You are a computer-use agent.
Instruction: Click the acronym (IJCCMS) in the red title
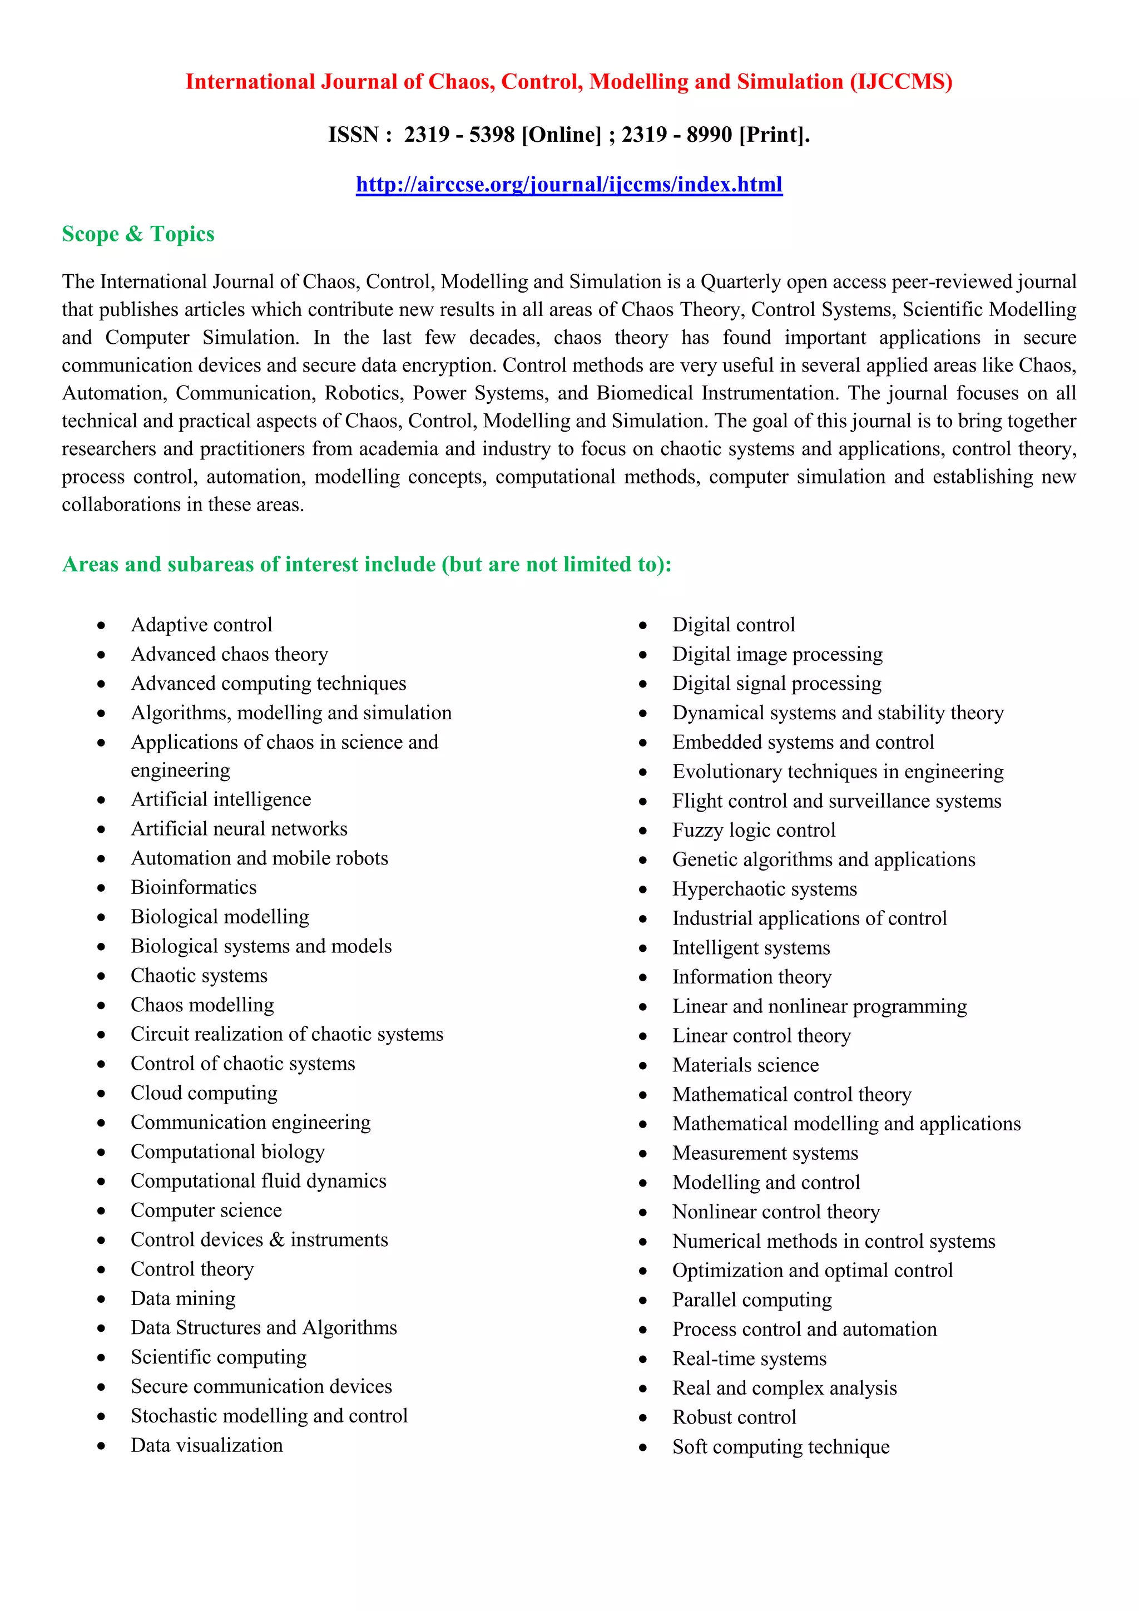coord(900,82)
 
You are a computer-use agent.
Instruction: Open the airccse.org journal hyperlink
coord(569,185)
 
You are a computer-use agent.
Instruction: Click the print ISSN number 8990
coord(709,134)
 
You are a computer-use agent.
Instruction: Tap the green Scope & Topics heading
coord(138,234)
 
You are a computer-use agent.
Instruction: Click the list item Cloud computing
coord(204,1093)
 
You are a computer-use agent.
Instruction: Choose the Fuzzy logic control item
coord(754,830)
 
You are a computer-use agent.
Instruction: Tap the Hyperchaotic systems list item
coord(765,889)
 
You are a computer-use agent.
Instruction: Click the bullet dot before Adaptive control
coord(102,626)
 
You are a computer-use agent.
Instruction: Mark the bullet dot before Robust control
coord(643,1418)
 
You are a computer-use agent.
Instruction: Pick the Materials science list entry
coord(746,1065)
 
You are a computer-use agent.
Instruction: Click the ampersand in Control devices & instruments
coord(277,1240)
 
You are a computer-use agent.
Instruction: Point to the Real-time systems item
coord(749,1358)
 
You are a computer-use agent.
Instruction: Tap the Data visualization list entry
coord(207,1445)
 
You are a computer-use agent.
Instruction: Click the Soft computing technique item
coord(781,1447)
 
